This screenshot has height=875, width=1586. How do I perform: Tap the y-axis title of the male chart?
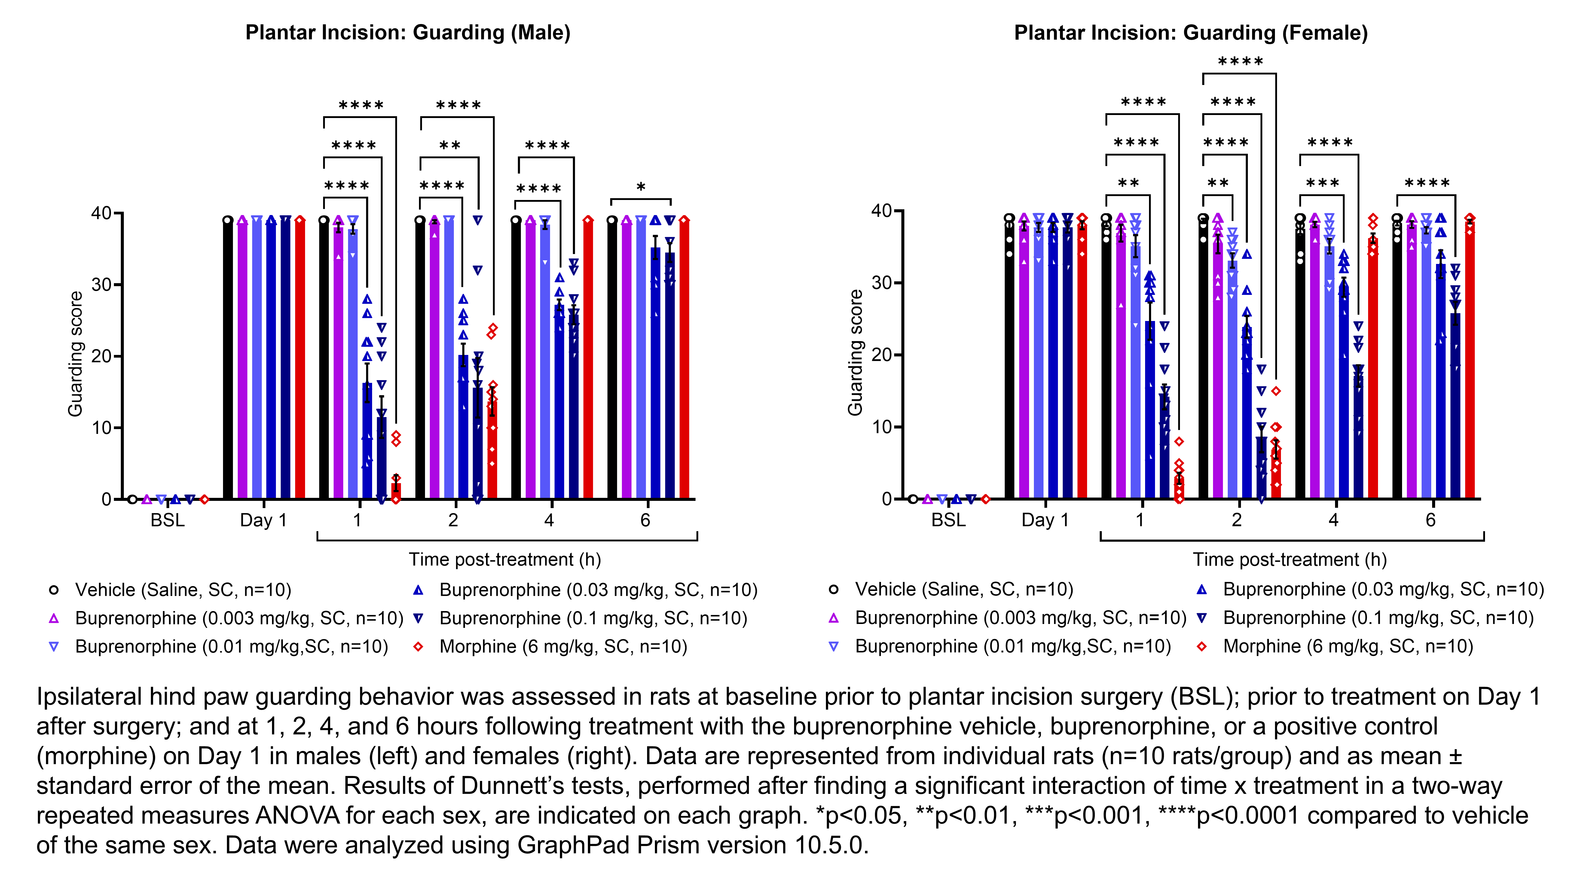[x=75, y=354]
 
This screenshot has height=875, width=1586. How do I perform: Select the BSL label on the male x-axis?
[x=167, y=521]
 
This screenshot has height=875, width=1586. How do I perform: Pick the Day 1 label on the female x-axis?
[x=1045, y=521]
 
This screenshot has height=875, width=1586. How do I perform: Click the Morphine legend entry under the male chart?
[x=563, y=647]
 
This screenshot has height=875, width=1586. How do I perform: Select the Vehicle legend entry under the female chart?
[x=964, y=589]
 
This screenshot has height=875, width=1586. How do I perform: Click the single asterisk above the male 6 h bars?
[x=641, y=187]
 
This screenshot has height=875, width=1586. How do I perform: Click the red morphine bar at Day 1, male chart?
[x=300, y=360]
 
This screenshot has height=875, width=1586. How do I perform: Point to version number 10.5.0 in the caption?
[x=830, y=846]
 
